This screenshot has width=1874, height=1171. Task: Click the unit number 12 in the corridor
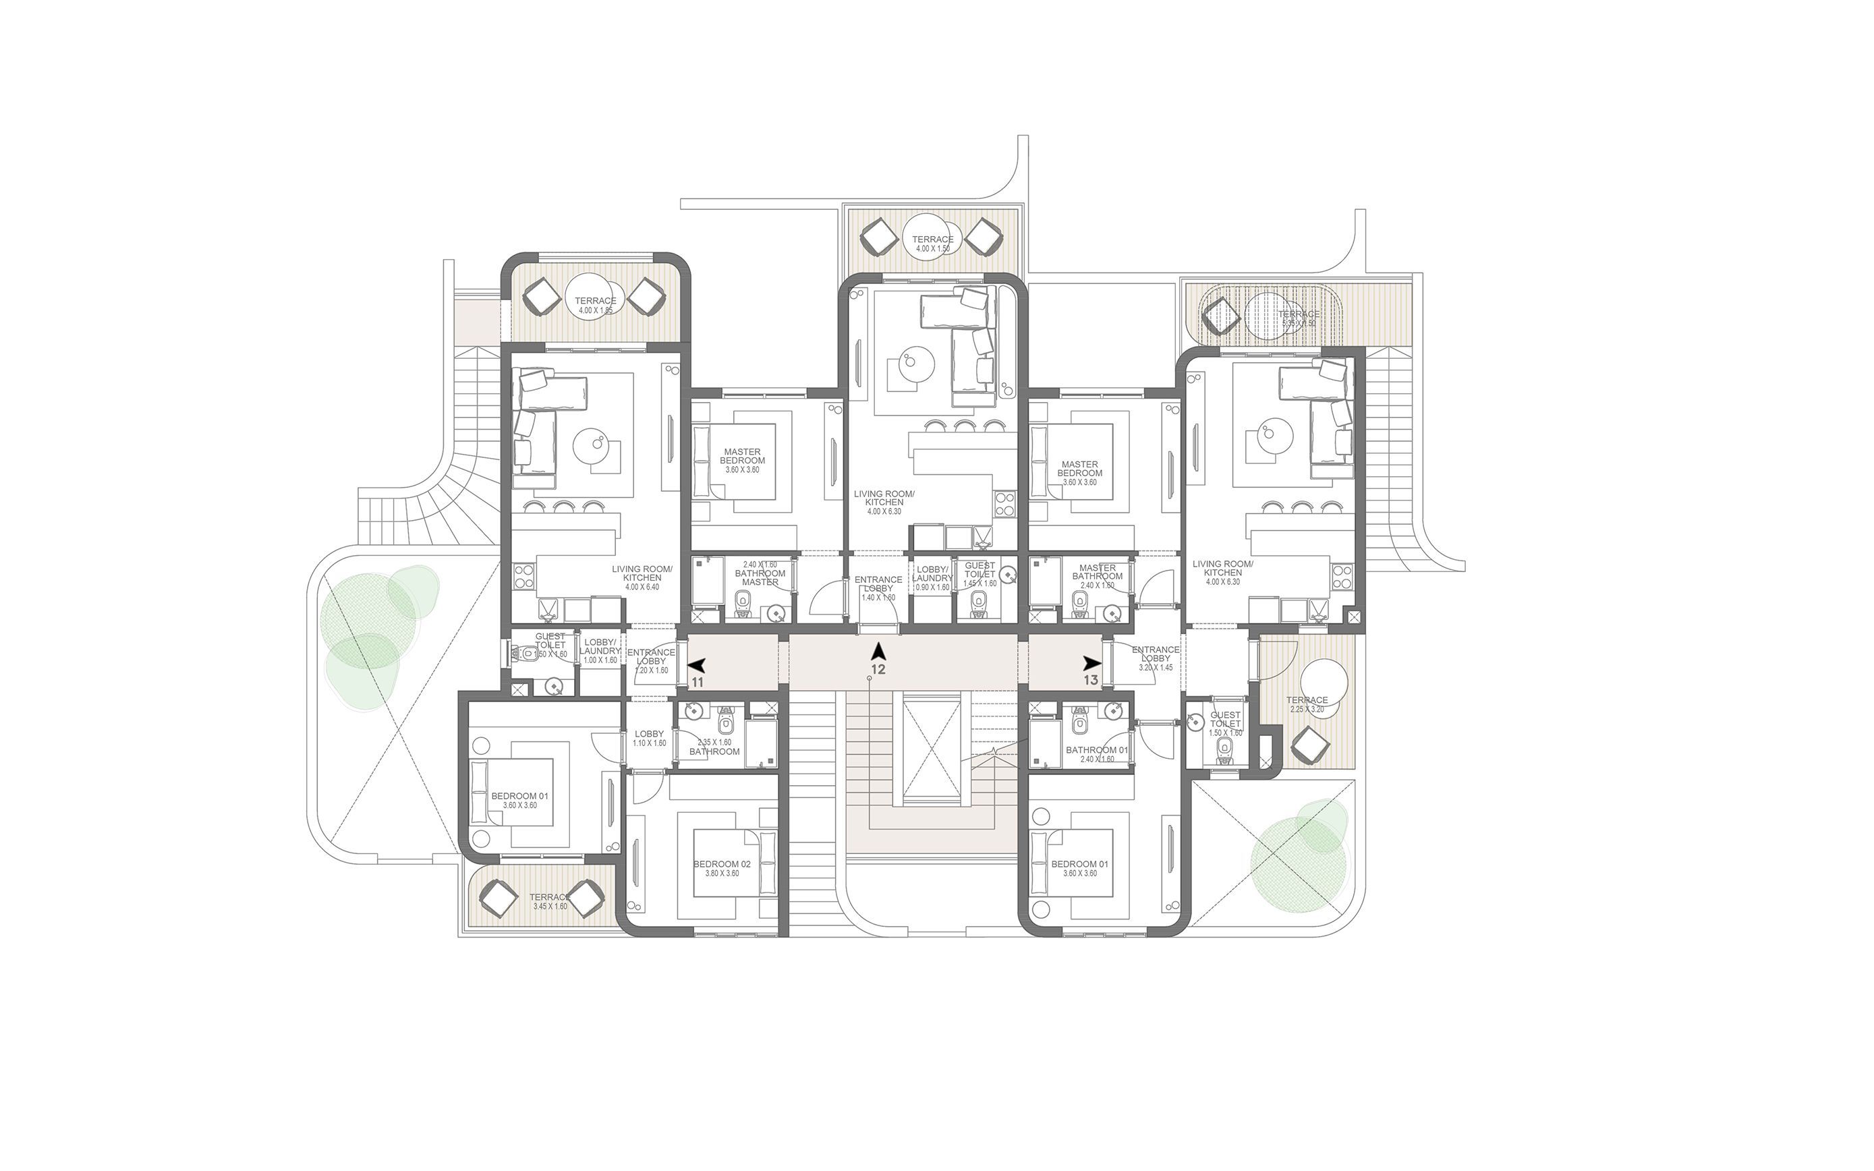point(878,669)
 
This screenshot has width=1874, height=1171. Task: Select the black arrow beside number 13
point(1092,662)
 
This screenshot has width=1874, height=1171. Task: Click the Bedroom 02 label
point(722,868)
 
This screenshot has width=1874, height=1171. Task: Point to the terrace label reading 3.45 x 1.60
point(549,901)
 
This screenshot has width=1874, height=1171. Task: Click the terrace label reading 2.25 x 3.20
point(1307,704)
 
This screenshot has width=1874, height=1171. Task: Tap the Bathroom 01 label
point(1096,754)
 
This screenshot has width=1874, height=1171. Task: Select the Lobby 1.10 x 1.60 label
point(649,738)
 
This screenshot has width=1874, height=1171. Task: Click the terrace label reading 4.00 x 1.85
point(595,305)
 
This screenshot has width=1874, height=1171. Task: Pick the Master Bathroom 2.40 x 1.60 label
point(1098,575)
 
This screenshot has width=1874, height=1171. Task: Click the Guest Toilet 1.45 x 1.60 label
point(979,574)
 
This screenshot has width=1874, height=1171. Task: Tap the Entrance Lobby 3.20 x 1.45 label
point(1156,658)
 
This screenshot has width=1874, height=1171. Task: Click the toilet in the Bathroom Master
point(743,600)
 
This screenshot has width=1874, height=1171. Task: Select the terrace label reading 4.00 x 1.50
point(932,244)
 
